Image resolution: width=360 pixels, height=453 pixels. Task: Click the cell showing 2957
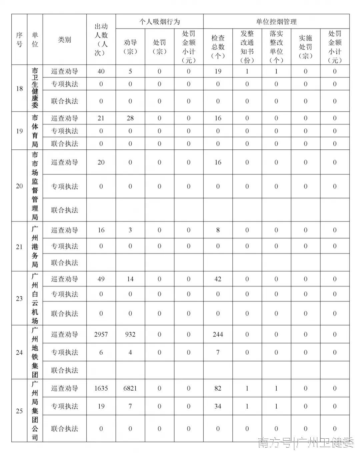[x=101, y=334]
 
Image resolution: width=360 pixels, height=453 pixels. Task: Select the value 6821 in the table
[x=130, y=388]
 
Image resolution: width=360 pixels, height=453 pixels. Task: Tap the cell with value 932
[x=130, y=334]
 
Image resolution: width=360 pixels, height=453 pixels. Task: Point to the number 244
[x=218, y=334]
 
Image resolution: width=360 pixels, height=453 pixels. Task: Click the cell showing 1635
[x=101, y=388]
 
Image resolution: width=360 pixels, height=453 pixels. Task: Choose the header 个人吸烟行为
[x=159, y=22]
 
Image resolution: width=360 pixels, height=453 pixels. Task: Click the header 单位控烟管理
[x=276, y=22]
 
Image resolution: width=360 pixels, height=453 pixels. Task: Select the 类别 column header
[x=64, y=40]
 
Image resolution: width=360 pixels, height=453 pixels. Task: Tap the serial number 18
[x=19, y=88]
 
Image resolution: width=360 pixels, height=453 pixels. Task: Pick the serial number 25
[x=19, y=411]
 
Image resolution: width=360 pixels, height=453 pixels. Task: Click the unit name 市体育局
[x=35, y=131]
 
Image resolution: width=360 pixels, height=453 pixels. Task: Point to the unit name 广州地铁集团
[x=35, y=352]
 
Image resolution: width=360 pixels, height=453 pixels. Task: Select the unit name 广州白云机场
[x=35, y=298]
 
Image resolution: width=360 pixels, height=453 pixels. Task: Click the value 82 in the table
[x=218, y=388]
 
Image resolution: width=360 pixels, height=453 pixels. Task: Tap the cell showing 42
[x=218, y=279]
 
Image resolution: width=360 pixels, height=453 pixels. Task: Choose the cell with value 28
[x=130, y=118]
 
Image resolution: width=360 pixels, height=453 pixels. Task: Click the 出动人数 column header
[x=101, y=40]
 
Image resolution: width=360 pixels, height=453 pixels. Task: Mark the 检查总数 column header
[x=218, y=47]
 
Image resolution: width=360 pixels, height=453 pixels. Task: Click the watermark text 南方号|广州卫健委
[x=306, y=443]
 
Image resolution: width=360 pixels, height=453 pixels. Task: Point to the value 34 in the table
[x=218, y=406]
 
